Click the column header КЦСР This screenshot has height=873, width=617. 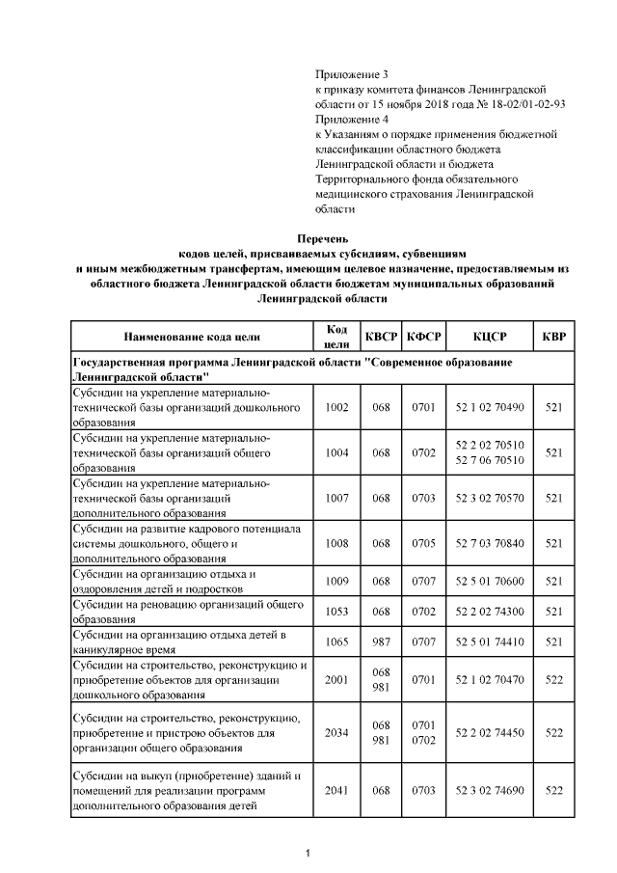click(489, 337)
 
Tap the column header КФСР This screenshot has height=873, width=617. click(424, 337)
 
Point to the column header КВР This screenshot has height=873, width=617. click(553, 337)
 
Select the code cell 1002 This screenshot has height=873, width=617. click(337, 407)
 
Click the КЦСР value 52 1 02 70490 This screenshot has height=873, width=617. click(489, 407)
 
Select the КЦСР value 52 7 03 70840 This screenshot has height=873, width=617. click(489, 543)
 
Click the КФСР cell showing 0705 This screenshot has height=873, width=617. click(424, 543)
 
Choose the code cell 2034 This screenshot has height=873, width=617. click(337, 733)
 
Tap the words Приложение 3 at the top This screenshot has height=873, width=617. click(351, 74)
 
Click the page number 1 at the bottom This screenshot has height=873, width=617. click(307, 852)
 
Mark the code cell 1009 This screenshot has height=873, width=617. click(337, 582)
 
